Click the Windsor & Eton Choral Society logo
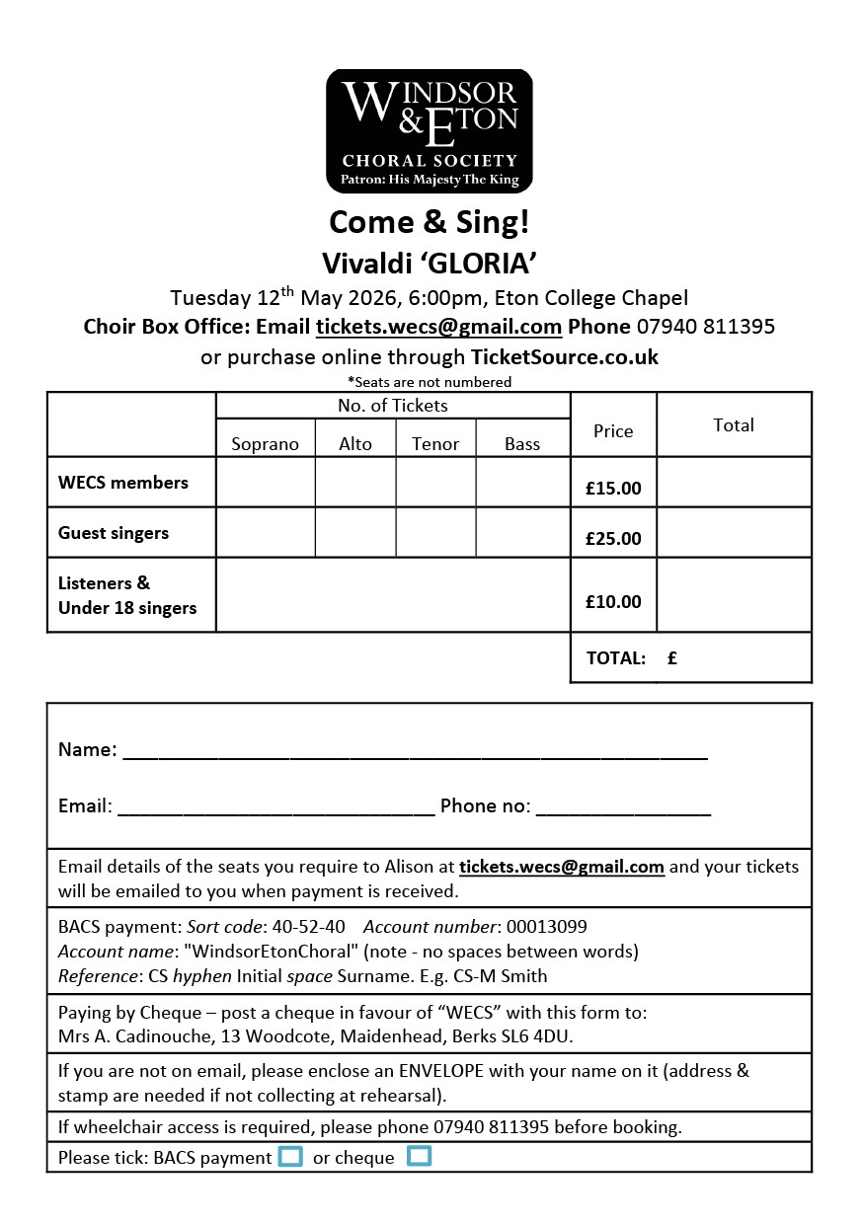coord(430,130)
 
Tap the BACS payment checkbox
coord(290,1156)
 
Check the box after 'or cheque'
coord(420,1156)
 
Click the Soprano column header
coord(265,444)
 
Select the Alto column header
coord(355,444)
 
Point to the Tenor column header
coord(435,444)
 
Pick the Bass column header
coord(522,444)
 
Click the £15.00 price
coord(613,488)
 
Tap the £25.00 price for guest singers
coord(613,538)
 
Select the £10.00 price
coord(613,601)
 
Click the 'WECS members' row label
coord(123,483)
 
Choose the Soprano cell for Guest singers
coord(265,532)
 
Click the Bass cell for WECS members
coord(522,482)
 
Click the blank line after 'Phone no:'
coord(623,808)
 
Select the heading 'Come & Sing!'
coord(430,222)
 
